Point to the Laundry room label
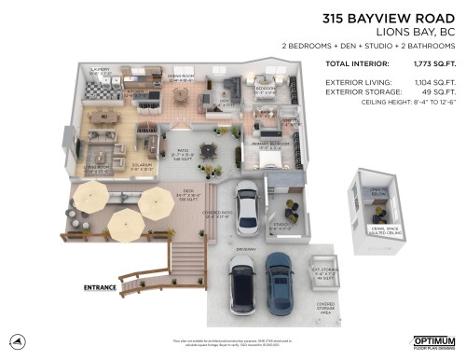[x=100, y=69]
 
